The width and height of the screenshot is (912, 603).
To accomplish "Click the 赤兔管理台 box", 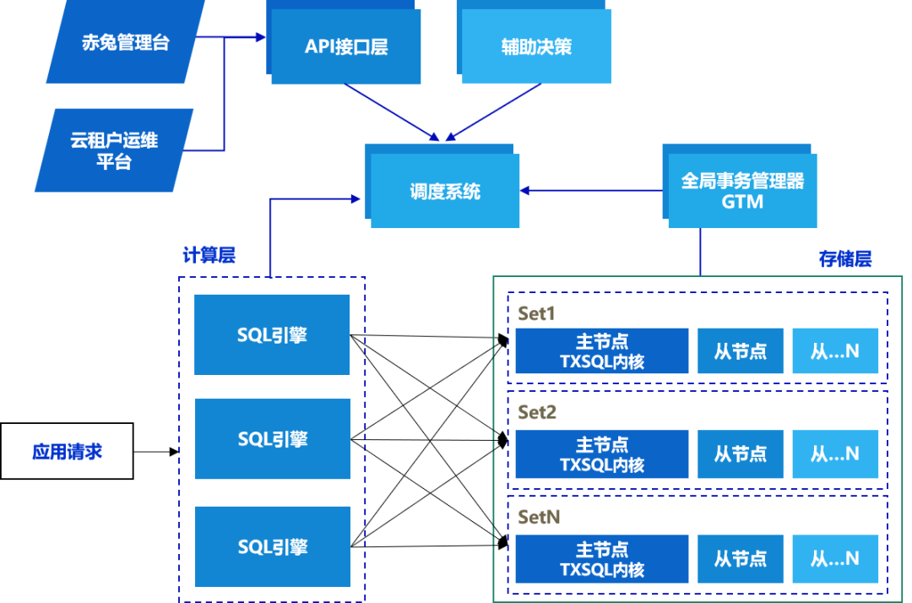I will tap(125, 42).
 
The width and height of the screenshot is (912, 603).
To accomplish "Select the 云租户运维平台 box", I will tap(114, 150).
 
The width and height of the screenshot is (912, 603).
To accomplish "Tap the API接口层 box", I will tap(346, 47).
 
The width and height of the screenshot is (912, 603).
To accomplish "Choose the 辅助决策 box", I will tap(536, 47).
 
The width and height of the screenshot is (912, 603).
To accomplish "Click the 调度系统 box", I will tap(444, 192).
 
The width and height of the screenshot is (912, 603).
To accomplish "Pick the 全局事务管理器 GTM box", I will tap(742, 192).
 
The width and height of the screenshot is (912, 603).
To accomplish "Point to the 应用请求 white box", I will tap(67, 451).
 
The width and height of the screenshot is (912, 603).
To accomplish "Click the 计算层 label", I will tap(209, 255).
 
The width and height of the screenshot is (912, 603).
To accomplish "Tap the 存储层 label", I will tap(845, 259).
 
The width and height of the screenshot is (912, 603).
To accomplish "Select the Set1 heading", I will tap(536, 313).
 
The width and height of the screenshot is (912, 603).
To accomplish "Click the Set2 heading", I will tap(537, 413).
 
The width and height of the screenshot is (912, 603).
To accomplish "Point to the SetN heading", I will tap(539, 517).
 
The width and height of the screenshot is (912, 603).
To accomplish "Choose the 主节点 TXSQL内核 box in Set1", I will tap(601, 351).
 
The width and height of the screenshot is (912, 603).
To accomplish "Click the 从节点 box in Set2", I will tap(741, 454).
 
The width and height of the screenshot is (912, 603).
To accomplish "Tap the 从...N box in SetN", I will tap(835, 558).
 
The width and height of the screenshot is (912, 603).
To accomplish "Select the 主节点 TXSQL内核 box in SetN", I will tap(601, 559).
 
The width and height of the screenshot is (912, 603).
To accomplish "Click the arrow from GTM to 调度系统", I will tap(591, 191).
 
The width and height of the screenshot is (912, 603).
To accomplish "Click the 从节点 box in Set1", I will tap(741, 351).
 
